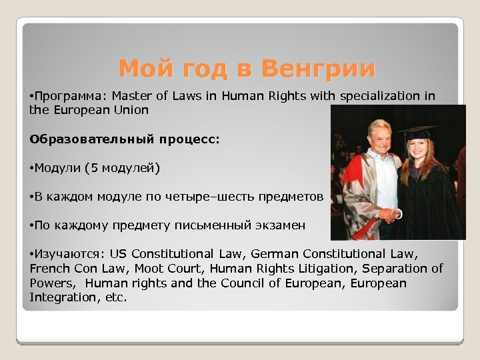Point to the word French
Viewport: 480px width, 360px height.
coord(49,269)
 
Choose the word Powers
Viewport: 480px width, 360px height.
coord(53,283)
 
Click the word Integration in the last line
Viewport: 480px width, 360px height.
coord(58,298)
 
